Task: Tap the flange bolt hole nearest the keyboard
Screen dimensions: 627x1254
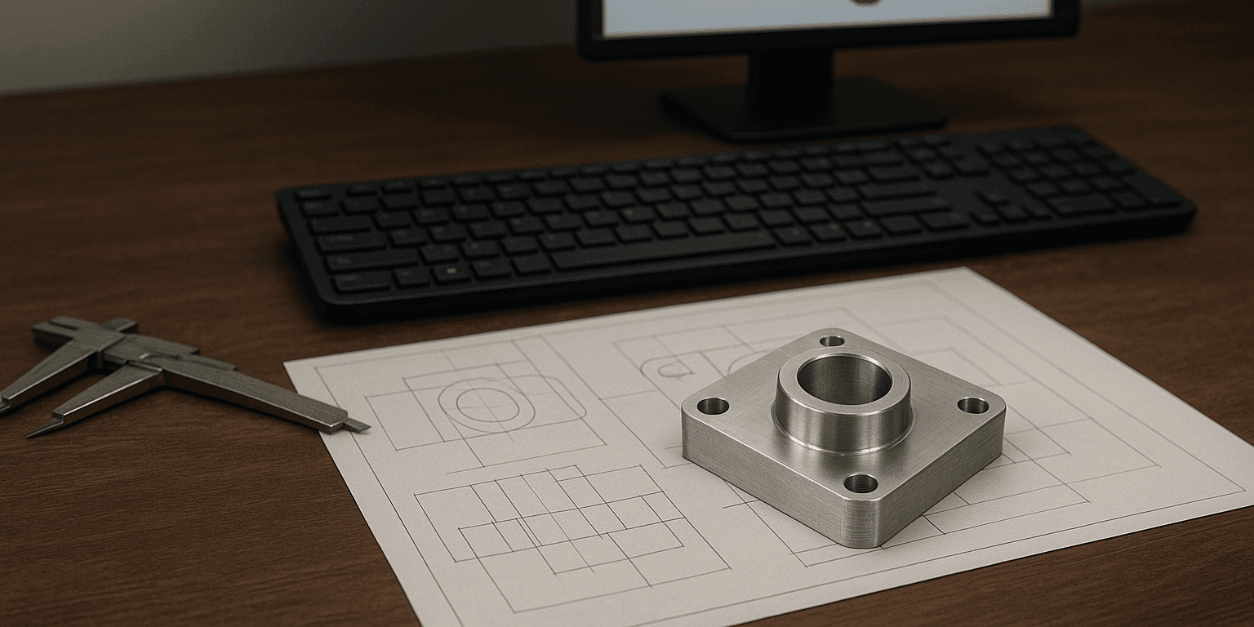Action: pos(831,340)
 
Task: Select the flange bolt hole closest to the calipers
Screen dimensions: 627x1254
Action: pos(712,406)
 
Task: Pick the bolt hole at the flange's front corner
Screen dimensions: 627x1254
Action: pos(860,483)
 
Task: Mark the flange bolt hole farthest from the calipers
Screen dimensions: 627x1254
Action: pos(972,405)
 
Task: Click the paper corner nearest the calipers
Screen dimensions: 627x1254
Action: pos(287,364)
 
